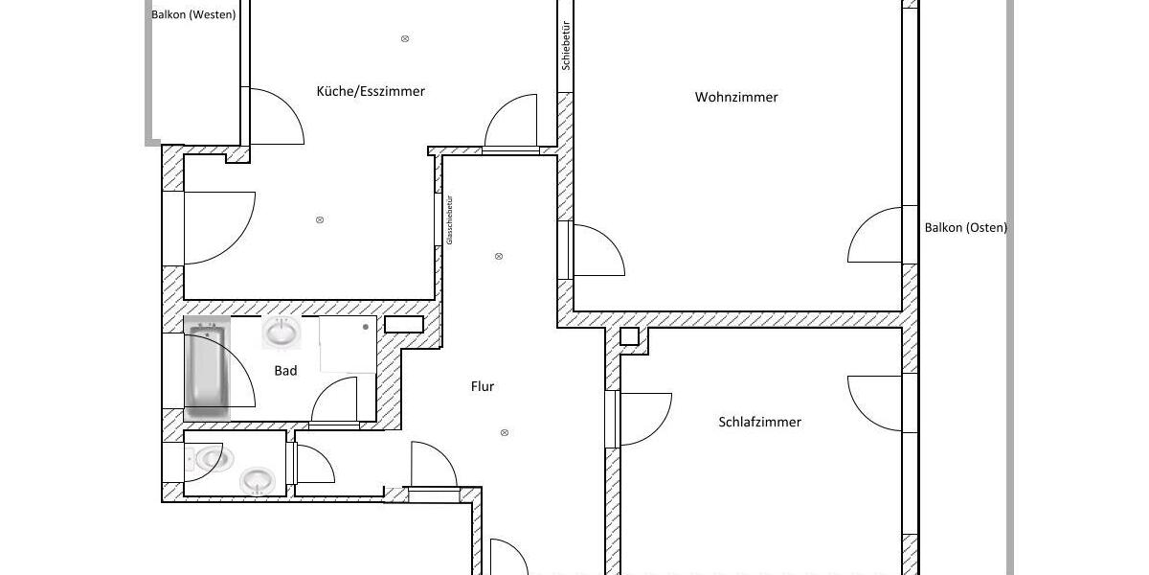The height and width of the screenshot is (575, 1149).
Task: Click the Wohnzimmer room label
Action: (x=736, y=97)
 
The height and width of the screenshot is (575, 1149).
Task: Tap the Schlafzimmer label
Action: (x=759, y=422)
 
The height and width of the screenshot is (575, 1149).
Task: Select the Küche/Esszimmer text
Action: (x=371, y=91)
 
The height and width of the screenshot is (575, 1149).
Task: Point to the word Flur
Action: (x=483, y=386)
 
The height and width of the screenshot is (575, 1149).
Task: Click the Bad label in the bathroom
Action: (x=285, y=371)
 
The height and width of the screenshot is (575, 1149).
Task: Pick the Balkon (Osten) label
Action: (x=965, y=228)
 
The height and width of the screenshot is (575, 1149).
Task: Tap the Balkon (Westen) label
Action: (x=193, y=14)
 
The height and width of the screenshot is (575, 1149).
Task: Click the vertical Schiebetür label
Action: (x=566, y=45)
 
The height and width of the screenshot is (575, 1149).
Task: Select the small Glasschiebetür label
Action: (x=449, y=220)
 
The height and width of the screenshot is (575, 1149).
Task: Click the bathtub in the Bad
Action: (x=207, y=368)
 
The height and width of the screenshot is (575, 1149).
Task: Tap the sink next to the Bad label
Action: (x=281, y=333)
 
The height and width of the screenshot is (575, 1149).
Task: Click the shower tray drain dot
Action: (x=366, y=327)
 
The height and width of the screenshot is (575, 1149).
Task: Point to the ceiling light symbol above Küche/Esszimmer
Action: (x=405, y=38)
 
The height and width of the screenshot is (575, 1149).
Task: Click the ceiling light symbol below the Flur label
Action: (x=505, y=433)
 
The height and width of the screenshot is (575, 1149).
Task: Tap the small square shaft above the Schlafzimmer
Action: (x=629, y=335)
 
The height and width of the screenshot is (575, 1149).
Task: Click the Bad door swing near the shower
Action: (x=337, y=400)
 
